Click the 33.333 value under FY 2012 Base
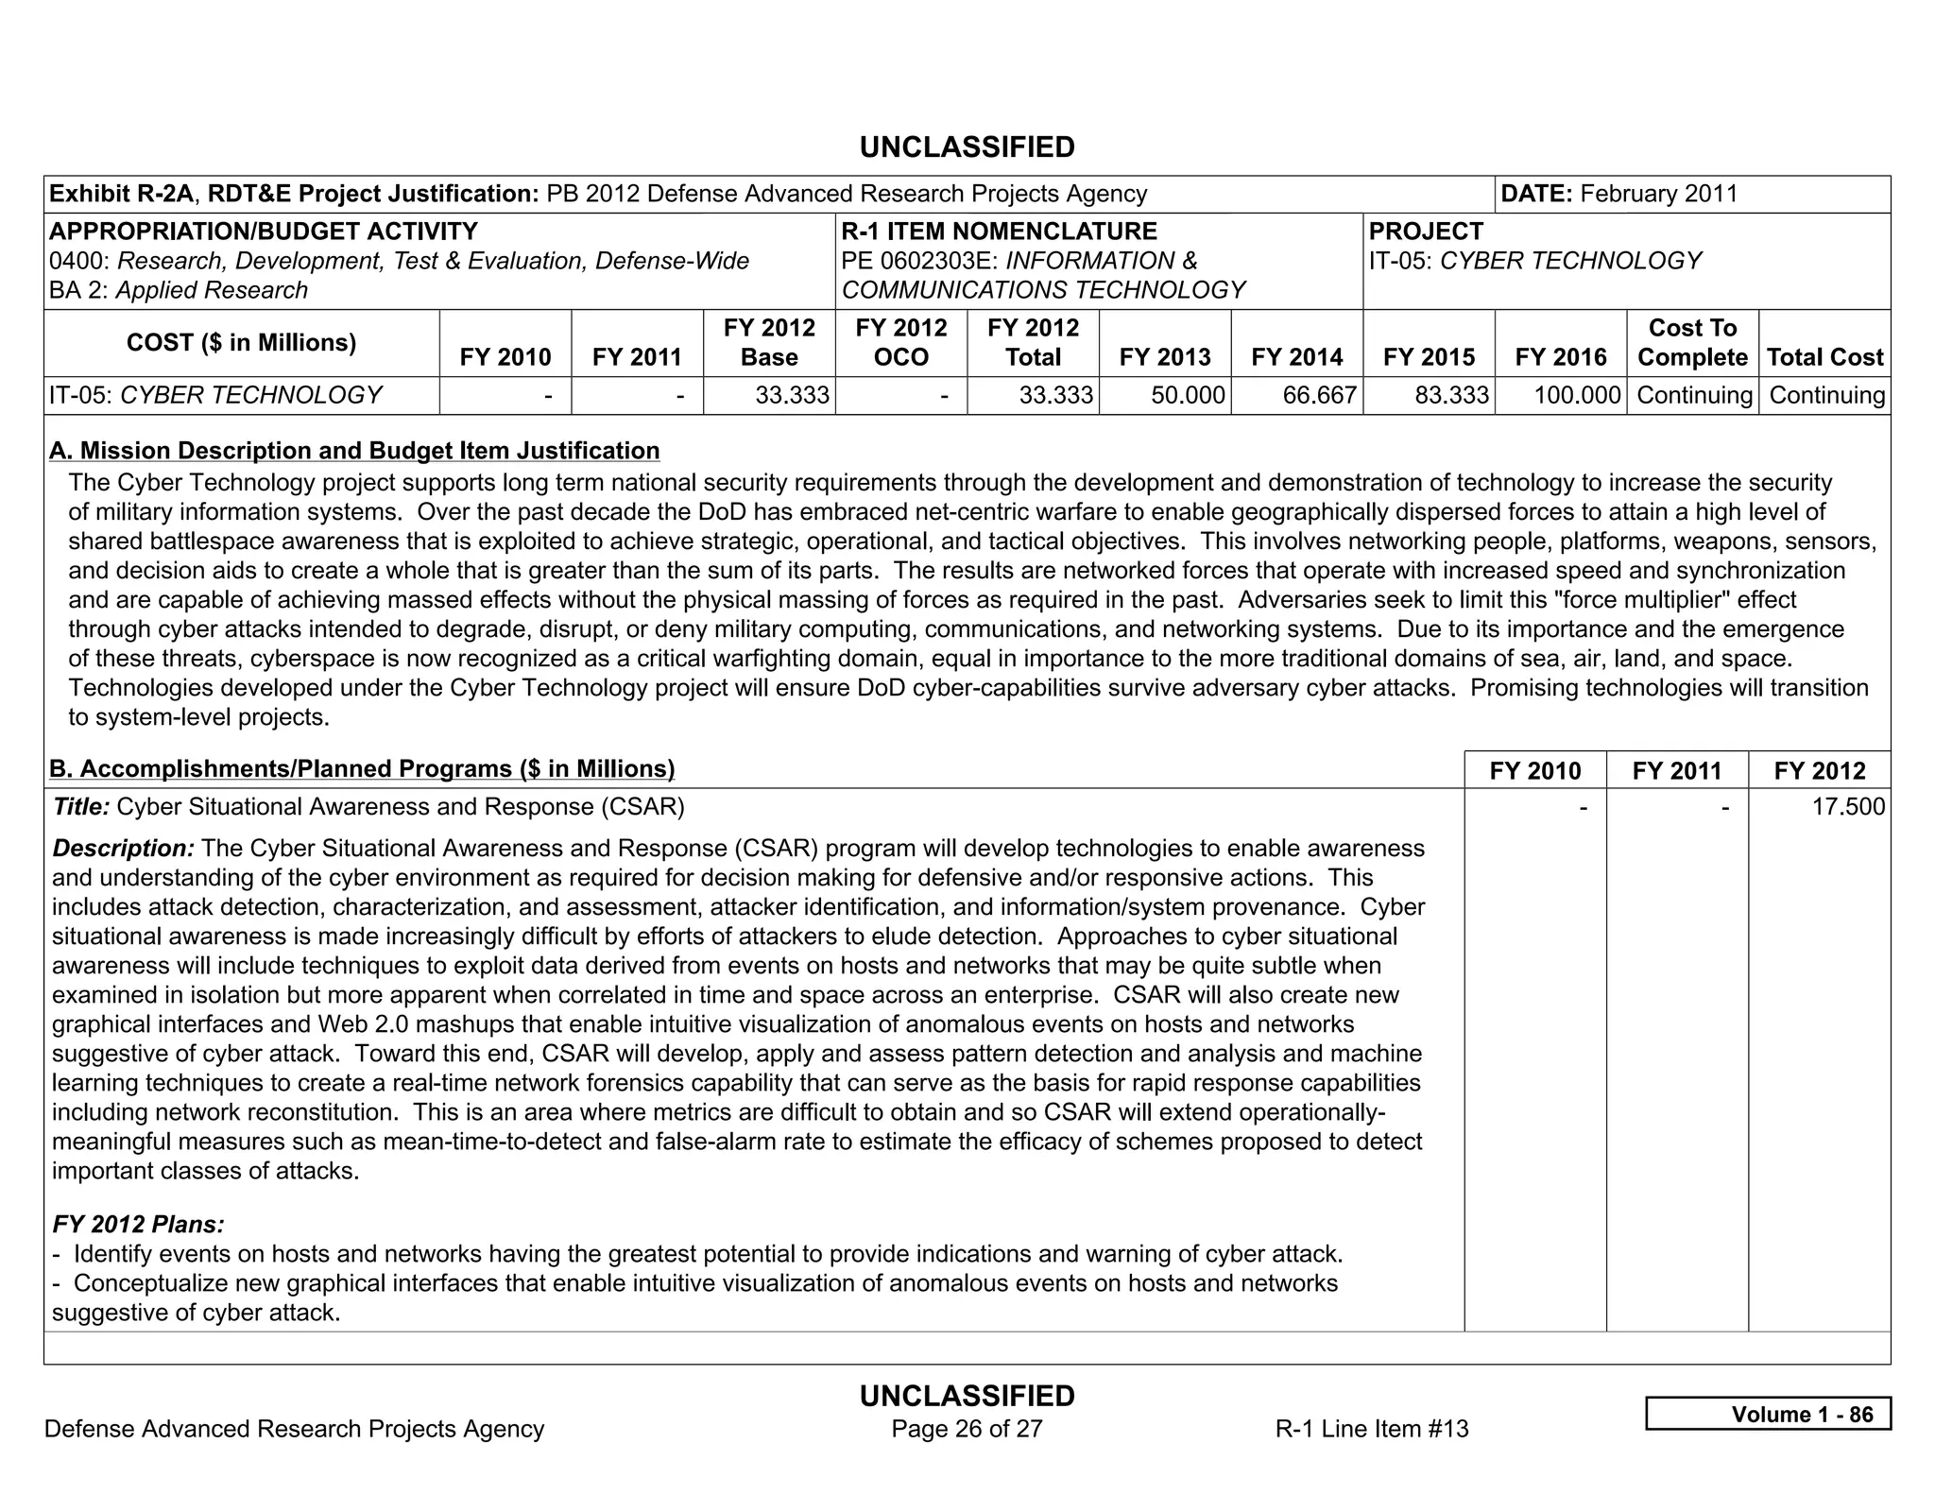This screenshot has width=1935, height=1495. tap(792, 395)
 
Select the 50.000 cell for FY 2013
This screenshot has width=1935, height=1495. tap(1188, 395)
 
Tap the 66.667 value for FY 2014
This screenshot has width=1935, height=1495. tap(1320, 395)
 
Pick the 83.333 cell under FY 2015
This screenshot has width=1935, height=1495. tap(1452, 395)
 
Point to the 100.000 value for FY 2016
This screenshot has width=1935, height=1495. tap(1577, 395)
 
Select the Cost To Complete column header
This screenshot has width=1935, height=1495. tap(1692, 342)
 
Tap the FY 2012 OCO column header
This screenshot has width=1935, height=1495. tap(900, 342)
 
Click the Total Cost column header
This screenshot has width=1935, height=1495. tap(1824, 357)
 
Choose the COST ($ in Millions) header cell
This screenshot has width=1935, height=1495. tap(241, 342)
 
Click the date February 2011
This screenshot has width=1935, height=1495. tap(1658, 194)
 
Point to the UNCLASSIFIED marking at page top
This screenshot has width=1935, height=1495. tap(967, 147)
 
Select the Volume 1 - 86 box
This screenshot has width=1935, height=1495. tap(1768, 1414)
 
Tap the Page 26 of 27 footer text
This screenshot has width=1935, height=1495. tap(967, 1429)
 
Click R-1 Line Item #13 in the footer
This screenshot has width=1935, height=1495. tap(1372, 1429)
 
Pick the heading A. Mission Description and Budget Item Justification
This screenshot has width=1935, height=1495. tap(354, 451)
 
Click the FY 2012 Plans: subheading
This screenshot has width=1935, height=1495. tap(138, 1225)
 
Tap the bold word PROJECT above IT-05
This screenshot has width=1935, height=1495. tap(1426, 232)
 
